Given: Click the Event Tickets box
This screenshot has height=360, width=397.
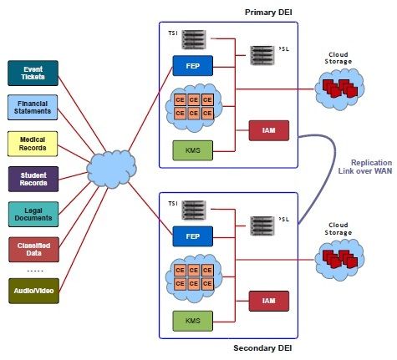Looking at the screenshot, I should (x=33, y=73).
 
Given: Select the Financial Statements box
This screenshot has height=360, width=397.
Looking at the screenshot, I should (x=33, y=107).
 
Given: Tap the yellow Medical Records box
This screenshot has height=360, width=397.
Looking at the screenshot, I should (x=33, y=143).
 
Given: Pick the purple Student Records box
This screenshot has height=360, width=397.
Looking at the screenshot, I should (x=33, y=178).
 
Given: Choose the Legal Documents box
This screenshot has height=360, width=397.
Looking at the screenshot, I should (x=33, y=213).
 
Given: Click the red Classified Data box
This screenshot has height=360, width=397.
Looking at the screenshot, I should (x=33, y=249).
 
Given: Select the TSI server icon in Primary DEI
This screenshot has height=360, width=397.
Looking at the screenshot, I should (x=194, y=38).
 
